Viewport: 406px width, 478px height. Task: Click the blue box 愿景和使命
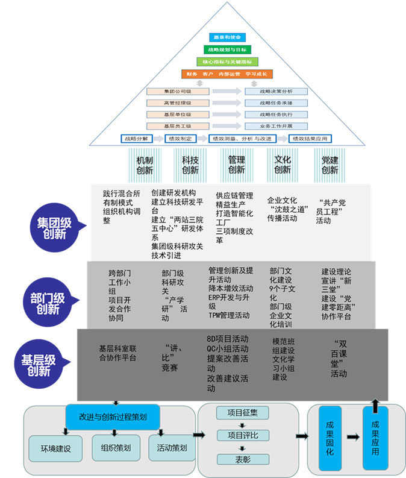coord(228,37)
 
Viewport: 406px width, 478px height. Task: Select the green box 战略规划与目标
coord(228,49)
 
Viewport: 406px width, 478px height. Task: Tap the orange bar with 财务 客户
coord(228,74)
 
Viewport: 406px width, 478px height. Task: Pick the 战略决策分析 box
coord(276,92)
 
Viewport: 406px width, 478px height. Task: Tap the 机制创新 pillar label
coord(145,165)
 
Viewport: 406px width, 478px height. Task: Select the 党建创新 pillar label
coord(329,165)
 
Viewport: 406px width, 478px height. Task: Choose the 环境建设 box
coord(56,448)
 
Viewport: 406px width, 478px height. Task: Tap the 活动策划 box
coord(172,448)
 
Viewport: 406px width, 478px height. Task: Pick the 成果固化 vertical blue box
coord(329,439)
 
